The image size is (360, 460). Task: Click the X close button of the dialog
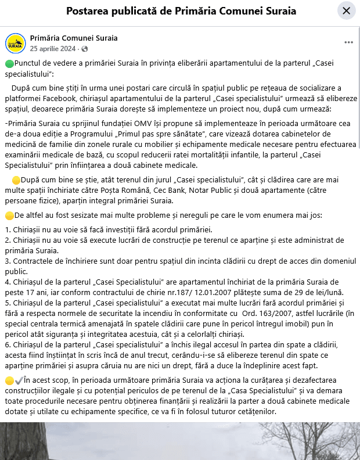click(346, 10)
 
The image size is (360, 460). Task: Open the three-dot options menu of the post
click(348, 42)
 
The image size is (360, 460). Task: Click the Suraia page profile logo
click(15, 43)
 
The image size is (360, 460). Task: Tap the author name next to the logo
click(74, 38)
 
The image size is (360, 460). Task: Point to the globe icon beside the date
click(85, 48)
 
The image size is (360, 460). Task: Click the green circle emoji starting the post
click(9, 63)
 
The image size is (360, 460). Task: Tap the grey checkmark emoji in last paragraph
click(19, 379)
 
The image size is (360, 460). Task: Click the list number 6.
click(8, 344)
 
